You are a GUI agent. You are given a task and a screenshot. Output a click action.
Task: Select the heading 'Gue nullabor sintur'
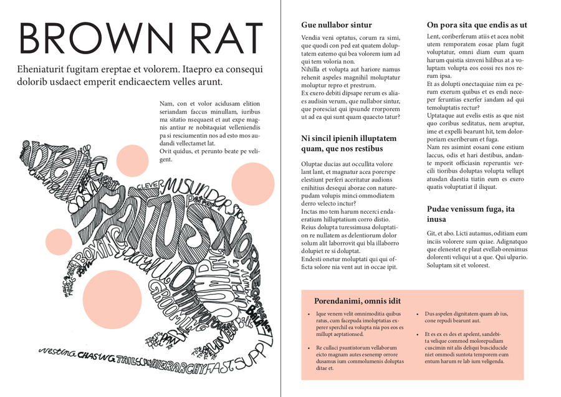336,25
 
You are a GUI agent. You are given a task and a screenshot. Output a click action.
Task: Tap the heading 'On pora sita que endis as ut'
477,25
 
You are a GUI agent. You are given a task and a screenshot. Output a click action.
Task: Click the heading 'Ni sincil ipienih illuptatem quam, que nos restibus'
348,143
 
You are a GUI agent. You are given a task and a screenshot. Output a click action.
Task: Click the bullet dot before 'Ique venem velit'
309,314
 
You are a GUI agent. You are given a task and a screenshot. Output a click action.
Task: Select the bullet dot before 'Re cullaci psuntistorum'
309,347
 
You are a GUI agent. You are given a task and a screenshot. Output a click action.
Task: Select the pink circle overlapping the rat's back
131,160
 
